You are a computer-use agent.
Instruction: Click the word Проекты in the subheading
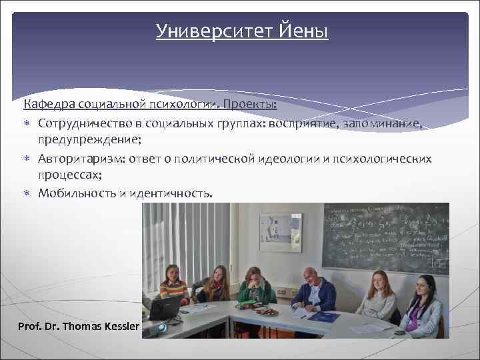pyautogui.click(x=249, y=105)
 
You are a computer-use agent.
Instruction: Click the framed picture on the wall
pyautogui.click(x=280, y=233)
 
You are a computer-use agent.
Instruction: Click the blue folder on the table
pyautogui.click(x=323, y=317)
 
